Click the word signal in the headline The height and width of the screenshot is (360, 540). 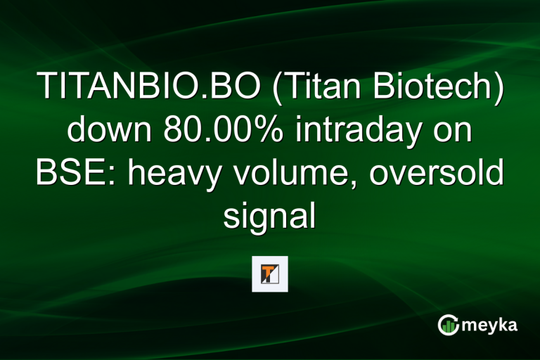[x=269, y=216]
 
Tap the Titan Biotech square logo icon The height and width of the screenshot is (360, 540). [x=270, y=274]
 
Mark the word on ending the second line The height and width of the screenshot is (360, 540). [x=457, y=131]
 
